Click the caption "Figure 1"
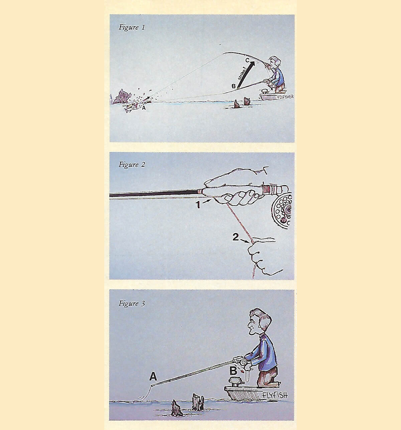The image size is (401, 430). (x=132, y=28)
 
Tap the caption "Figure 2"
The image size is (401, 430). (x=132, y=165)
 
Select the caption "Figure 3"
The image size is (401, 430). (x=132, y=304)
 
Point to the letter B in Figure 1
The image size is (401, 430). (x=234, y=86)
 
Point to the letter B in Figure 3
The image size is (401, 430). (x=233, y=371)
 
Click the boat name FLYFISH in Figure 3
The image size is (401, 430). (x=275, y=396)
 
